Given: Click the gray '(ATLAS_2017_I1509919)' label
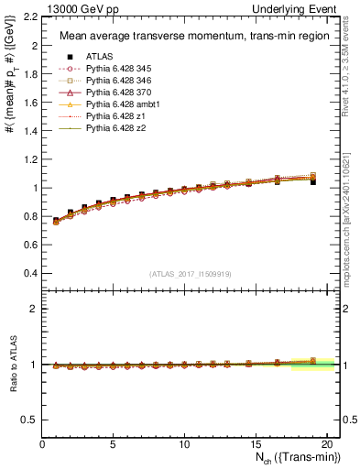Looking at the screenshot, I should (x=191, y=273).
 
